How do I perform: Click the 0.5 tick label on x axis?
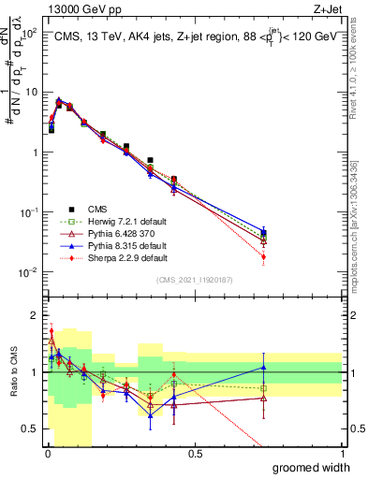195,454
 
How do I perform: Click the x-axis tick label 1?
342,454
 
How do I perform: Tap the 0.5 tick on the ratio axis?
29,428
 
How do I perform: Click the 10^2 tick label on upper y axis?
27,33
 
